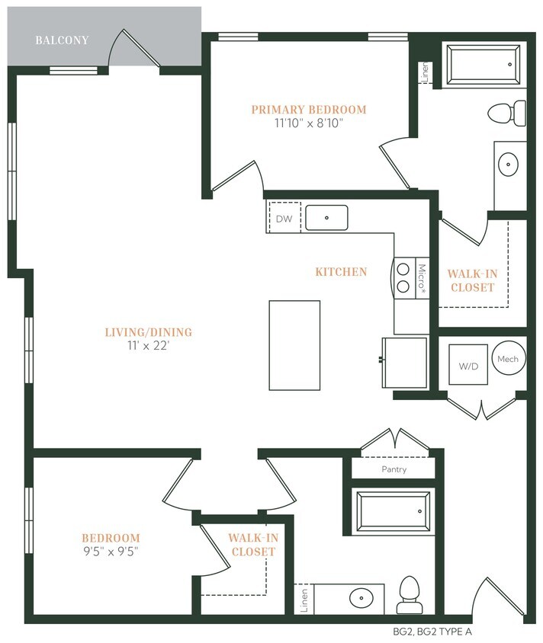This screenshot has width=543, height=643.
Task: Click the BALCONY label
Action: [62, 40]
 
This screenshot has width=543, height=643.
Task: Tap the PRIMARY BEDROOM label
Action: [308, 110]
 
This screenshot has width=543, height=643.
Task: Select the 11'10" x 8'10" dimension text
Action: [308, 123]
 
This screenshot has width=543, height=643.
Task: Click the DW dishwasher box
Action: [284, 219]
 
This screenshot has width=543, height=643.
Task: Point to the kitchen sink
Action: [326, 217]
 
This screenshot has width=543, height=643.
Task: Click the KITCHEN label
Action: [342, 271]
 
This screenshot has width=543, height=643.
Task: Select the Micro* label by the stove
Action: [422, 279]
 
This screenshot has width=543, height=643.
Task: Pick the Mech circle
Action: [508, 359]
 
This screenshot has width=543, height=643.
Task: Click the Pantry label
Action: [394, 469]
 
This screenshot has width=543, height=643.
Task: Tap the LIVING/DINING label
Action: [148, 332]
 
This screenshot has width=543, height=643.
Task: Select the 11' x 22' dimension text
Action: [148, 346]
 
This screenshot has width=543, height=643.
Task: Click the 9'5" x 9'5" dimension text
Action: [111, 552]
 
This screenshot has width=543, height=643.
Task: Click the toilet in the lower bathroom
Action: [409, 594]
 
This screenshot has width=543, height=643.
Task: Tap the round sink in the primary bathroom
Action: [509, 162]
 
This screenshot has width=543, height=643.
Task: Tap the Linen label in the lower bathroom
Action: [304, 599]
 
